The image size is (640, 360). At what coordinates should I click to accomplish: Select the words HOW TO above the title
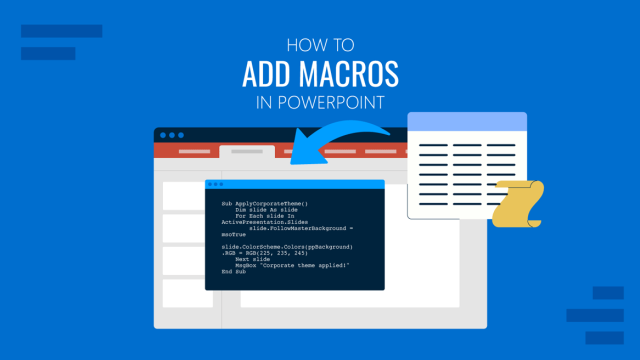click(x=319, y=44)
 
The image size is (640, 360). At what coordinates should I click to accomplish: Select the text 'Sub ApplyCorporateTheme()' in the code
click(x=265, y=203)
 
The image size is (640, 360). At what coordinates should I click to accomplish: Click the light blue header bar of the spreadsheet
click(x=467, y=121)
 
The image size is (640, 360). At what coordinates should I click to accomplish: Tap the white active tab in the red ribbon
click(x=246, y=152)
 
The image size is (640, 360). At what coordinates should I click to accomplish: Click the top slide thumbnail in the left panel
click(x=187, y=195)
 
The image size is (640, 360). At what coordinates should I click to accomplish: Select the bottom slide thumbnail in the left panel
click(x=187, y=292)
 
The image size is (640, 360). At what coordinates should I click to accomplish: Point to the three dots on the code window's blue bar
click(x=219, y=185)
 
